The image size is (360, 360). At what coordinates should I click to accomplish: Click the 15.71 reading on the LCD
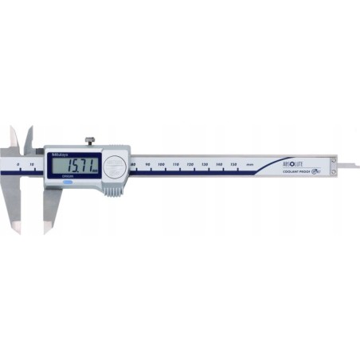(x=82, y=167)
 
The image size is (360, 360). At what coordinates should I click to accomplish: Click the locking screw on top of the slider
(x=92, y=142)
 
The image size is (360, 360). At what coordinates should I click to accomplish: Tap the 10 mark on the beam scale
(x=31, y=162)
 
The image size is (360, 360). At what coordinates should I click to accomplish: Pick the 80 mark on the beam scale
(x=133, y=162)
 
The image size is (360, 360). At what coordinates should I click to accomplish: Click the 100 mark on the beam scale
(x=162, y=162)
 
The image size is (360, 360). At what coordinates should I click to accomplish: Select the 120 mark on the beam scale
(x=190, y=162)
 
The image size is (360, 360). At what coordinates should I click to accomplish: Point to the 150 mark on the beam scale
(x=233, y=162)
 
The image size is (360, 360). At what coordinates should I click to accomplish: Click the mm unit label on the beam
(x=250, y=162)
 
